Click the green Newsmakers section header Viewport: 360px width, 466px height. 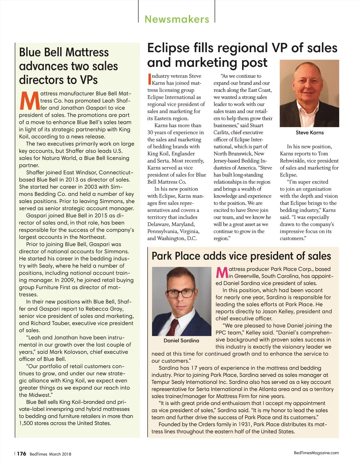[x=177, y=19]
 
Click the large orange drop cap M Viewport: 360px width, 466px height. [x=29, y=101]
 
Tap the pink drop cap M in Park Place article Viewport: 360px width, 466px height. [x=222, y=272]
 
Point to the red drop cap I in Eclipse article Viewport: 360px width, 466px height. [x=149, y=80]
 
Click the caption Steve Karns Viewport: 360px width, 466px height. [x=310, y=133]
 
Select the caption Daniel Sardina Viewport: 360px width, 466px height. [x=181, y=341]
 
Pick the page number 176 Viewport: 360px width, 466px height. [x=21, y=454]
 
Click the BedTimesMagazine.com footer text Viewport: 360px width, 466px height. [x=316, y=453]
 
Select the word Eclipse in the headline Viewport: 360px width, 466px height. [x=168, y=48]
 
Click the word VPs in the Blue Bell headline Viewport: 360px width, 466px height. [x=89, y=80]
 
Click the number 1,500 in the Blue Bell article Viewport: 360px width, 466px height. [x=27, y=423]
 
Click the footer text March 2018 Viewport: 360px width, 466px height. [x=60, y=454]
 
